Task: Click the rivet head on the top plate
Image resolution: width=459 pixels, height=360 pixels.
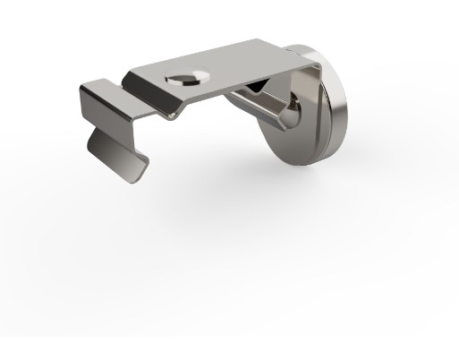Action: point(187,76)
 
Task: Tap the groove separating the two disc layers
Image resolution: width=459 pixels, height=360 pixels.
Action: point(323,134)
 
